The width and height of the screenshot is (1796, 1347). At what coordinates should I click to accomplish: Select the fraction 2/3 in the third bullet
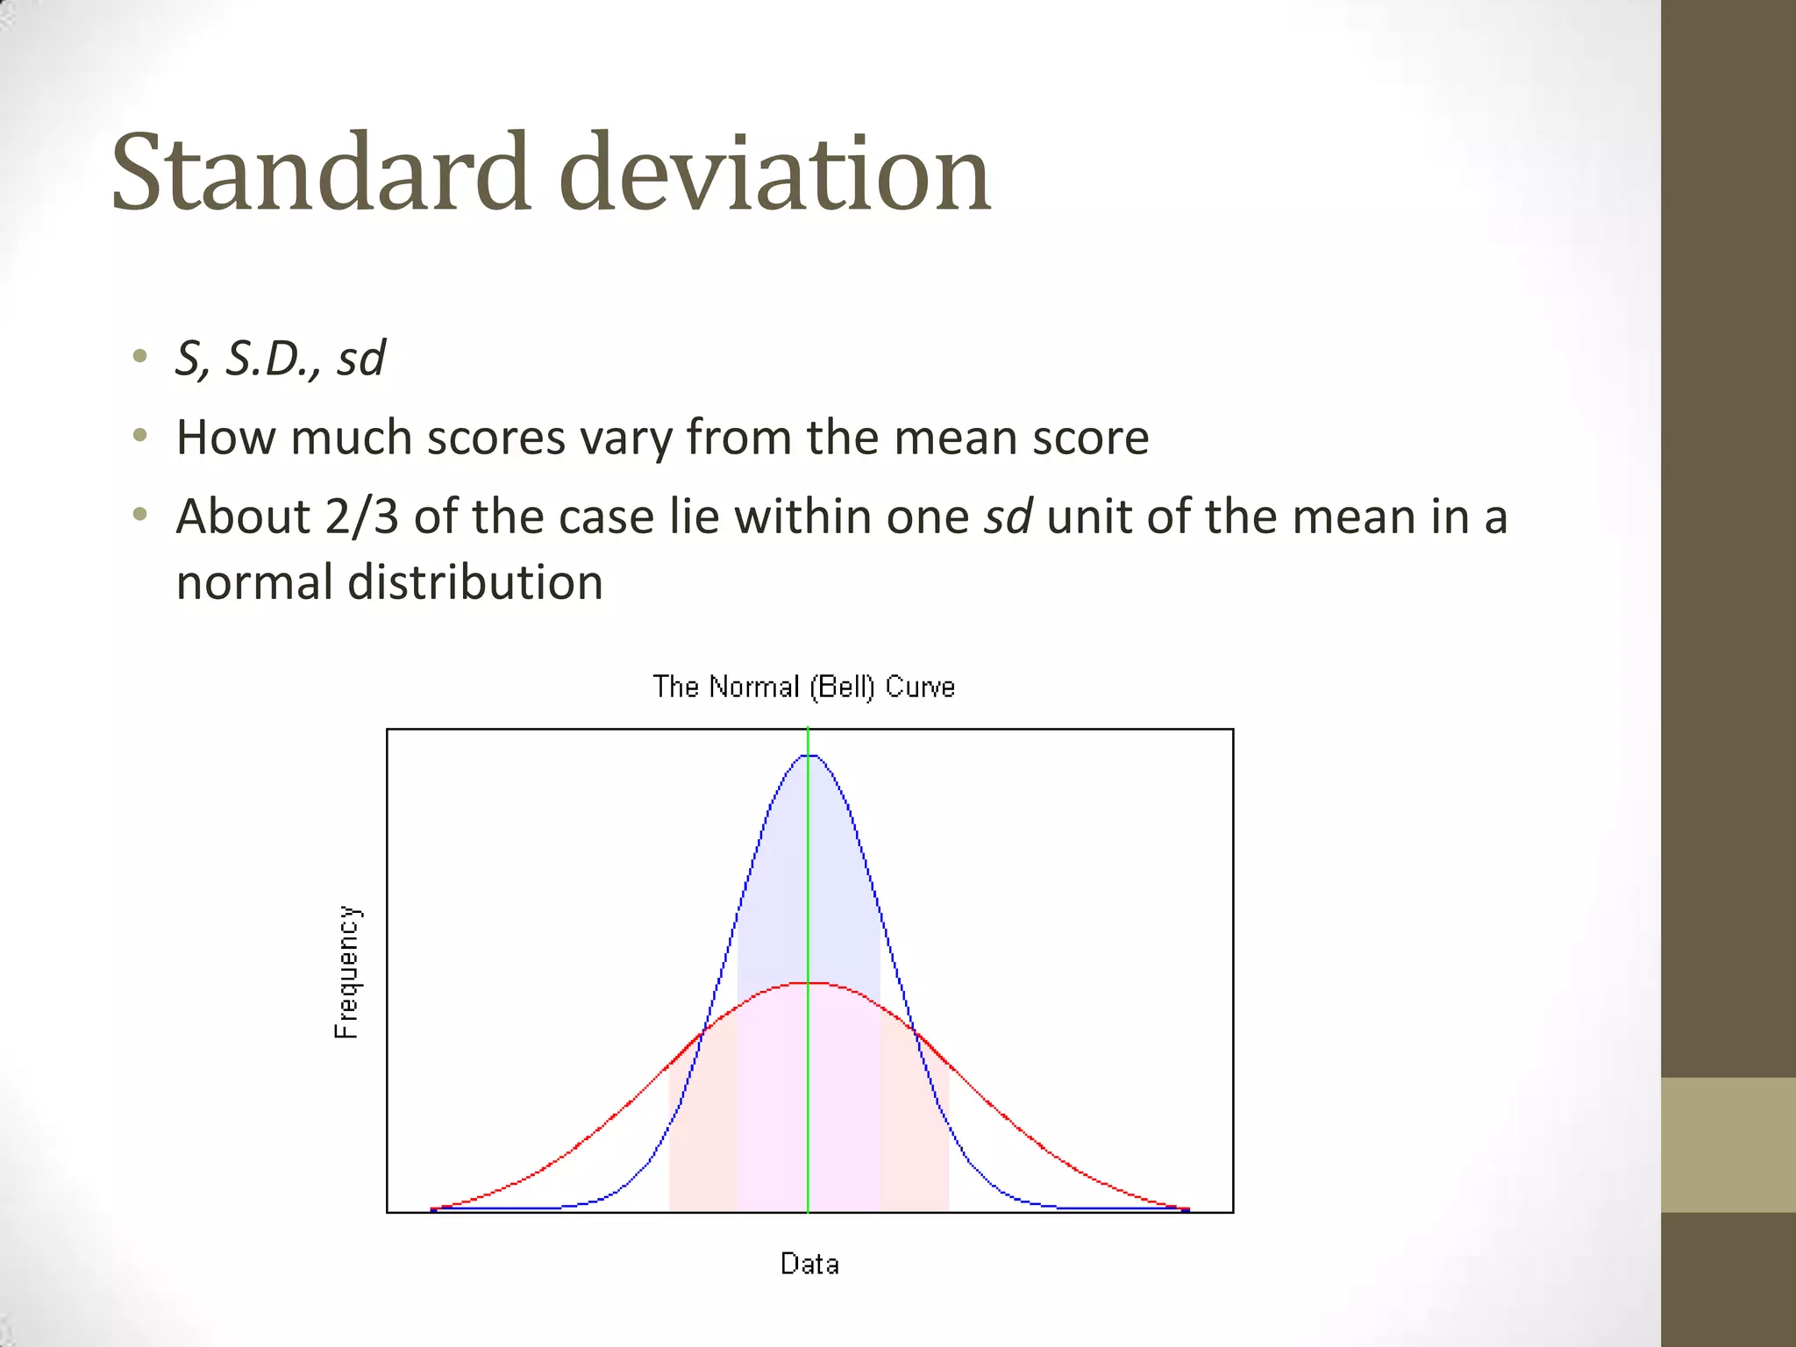[x=361, y=517]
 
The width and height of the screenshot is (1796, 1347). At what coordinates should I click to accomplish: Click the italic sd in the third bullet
[x=1008, y=517]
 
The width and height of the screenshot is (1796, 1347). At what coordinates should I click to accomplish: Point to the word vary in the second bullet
[x=625, y=438]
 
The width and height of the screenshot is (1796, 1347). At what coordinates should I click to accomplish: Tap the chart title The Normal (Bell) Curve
[x=803, y=687]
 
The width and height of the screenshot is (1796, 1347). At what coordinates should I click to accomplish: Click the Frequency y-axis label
[x=347, y=973]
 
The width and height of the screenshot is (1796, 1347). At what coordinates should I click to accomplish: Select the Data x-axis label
[x=809, y=1264]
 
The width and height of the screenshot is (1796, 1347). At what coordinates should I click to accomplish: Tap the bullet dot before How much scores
[x=139, y=435]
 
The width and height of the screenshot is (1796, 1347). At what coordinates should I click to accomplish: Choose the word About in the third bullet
[x=243, y=517]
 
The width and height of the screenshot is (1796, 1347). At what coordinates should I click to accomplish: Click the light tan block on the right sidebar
[x=1728, y=1144]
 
